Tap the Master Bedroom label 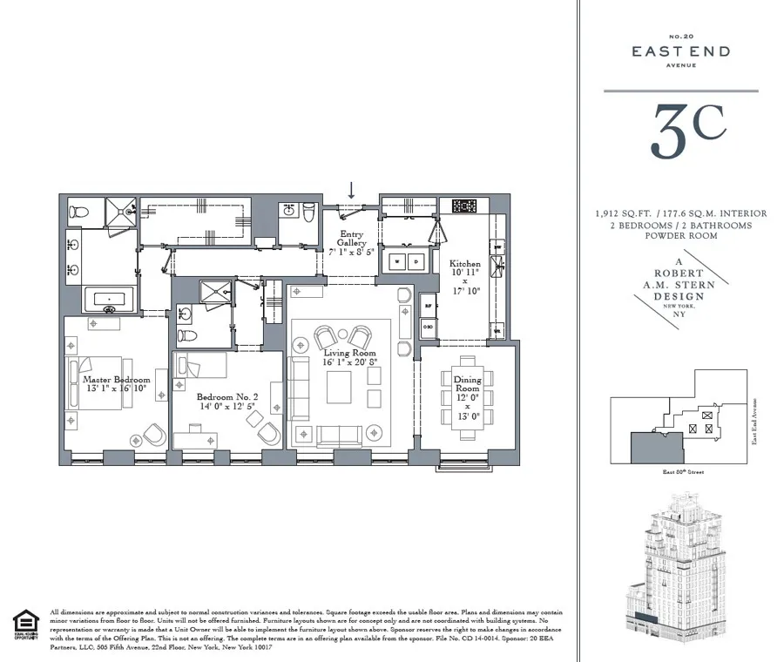[x=116, y=380]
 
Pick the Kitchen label [x=464, y=263]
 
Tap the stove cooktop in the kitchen [x=463, y=206]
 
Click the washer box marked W [x=398, y=260]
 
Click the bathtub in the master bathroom [x=109, y=301]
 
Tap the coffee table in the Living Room [x=338, y=385]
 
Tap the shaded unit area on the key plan [x=647, y=447]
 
